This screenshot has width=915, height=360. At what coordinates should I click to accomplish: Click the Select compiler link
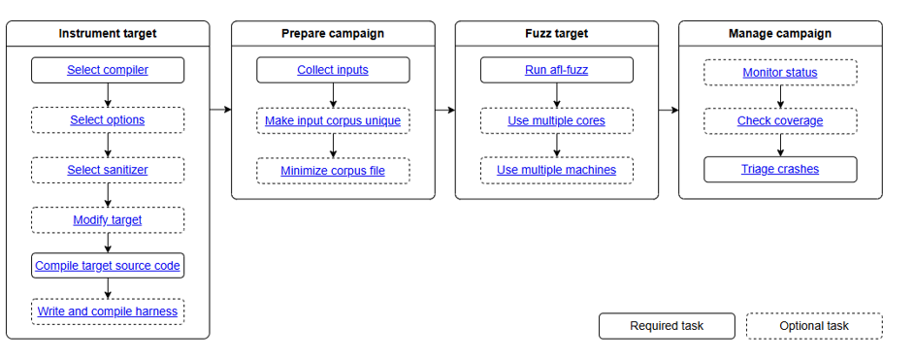pos(108,70)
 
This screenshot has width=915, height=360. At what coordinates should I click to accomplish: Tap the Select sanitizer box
pos(108,170)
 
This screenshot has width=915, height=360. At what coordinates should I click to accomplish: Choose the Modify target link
pos(108,220)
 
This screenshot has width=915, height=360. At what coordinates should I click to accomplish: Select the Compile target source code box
pos(108,266)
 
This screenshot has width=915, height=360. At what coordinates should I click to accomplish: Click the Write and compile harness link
pos(108,311)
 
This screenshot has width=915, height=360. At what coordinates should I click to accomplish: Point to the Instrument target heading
pos(108,33)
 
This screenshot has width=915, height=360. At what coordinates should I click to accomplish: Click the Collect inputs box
pos(333,70)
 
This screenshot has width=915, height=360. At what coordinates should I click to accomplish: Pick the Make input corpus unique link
pos(333,120)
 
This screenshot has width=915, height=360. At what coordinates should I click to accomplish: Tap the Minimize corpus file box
pos(333,171)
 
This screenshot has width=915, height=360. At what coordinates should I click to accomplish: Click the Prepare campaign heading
pos(333,33)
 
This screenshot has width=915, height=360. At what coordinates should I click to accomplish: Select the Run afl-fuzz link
pos(557,70)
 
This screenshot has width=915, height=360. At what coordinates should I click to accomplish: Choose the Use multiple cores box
pos(557,120)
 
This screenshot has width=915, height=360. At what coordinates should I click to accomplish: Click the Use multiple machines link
pos(557,170)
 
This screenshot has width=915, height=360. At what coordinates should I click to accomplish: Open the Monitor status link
pos(780,73)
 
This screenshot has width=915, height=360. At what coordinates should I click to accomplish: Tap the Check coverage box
pos(780,120)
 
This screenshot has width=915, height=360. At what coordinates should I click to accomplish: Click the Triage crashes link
pos(780,169)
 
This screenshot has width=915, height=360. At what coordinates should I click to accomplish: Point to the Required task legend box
pos(667,326)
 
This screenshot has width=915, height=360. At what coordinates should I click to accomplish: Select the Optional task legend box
pos(814,326)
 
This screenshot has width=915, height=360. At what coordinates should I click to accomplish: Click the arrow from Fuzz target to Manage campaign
pos(669,110)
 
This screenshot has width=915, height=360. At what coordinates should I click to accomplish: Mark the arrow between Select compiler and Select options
pos(108,95)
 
